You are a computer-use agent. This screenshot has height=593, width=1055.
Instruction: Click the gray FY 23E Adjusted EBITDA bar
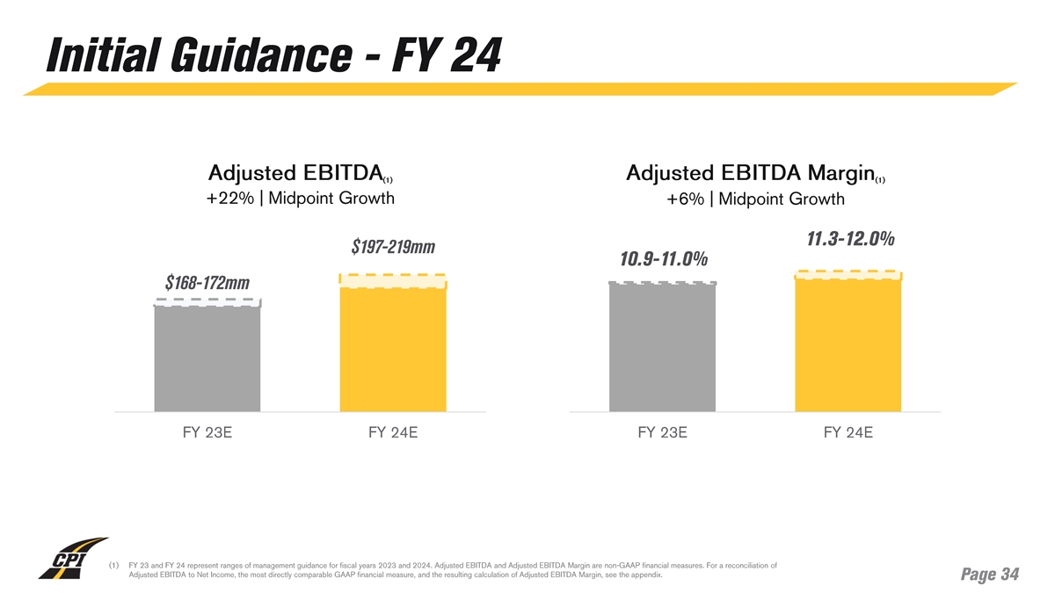click(207, 356)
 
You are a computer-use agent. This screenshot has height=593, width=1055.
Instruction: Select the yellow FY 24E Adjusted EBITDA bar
click(393, 347)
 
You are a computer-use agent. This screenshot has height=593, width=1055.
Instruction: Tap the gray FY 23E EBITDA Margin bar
click(662, 347)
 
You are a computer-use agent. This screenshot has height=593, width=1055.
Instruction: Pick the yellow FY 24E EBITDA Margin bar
click(848, 343)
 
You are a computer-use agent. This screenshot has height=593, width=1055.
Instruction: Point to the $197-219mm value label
click(393, 247)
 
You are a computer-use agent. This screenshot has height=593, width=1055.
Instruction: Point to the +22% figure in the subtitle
click(226, 198)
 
